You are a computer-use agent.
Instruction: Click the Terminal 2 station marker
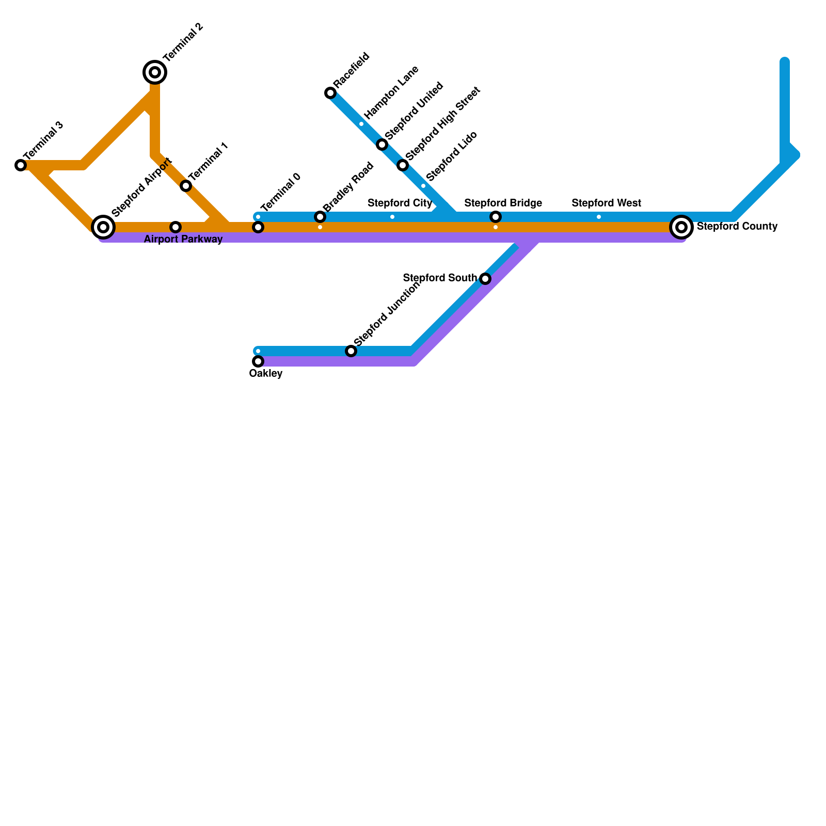click(x=155, y=72)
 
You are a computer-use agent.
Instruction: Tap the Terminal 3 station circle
click(x=21, y=165)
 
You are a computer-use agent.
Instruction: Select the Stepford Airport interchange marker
click(x=103, y=227)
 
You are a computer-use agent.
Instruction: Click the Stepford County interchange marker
click(x=681, y=227)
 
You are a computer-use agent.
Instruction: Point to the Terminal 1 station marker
click(x=186, y=186)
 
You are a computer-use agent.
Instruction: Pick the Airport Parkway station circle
click(x=176, y=227)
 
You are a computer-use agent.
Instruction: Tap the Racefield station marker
click(x=330, y=93)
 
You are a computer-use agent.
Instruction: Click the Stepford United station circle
click(x=382, y=145)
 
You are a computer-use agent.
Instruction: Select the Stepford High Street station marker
click(x=403, y=165)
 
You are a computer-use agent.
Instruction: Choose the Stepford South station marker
click(x=485, y=279)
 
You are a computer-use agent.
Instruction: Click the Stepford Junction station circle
click(x=351, y=351)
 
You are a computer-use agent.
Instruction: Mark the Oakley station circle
click(x=258, y=361)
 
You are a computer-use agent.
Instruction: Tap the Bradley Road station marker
click(x=320, y=217)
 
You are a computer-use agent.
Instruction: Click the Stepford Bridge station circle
click(x=496, y=217)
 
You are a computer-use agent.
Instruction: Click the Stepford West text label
click(x=606, y=203)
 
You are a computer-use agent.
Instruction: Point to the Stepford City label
click(x=400, y=203)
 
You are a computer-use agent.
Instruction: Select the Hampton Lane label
click(x=391, y=92)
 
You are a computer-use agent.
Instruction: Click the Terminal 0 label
click(x=280, y=193)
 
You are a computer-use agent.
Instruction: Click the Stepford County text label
click(x=737, y=227)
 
